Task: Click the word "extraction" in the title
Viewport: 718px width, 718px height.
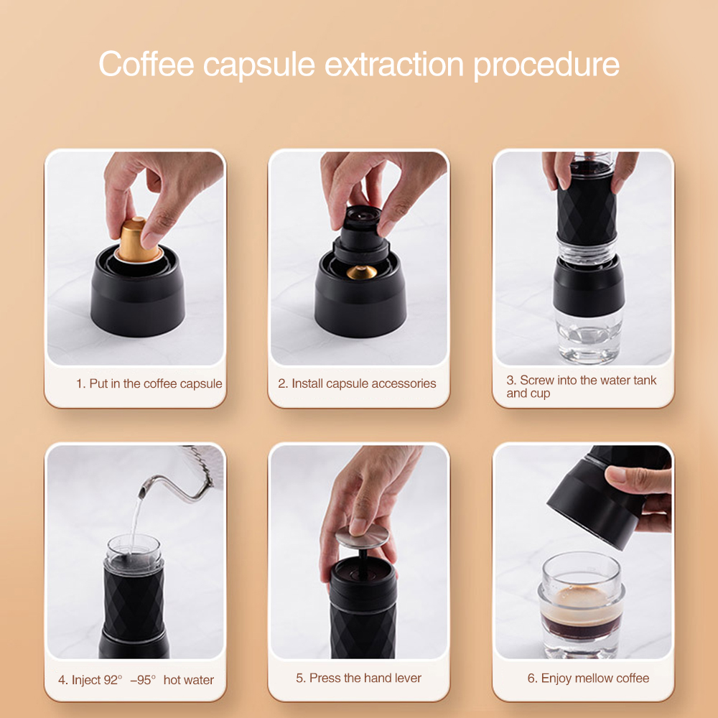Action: coord(397,64)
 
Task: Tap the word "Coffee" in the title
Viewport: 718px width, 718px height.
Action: coord(146,64)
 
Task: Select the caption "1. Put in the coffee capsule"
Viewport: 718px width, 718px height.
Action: coord(149,383)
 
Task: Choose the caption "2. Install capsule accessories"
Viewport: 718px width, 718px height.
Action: coord(357,383)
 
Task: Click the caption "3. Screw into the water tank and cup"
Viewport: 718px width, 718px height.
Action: coord(581,386)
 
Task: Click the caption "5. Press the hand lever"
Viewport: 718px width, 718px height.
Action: coord(358,678)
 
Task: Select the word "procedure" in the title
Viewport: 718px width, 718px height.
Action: coord(546,64)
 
